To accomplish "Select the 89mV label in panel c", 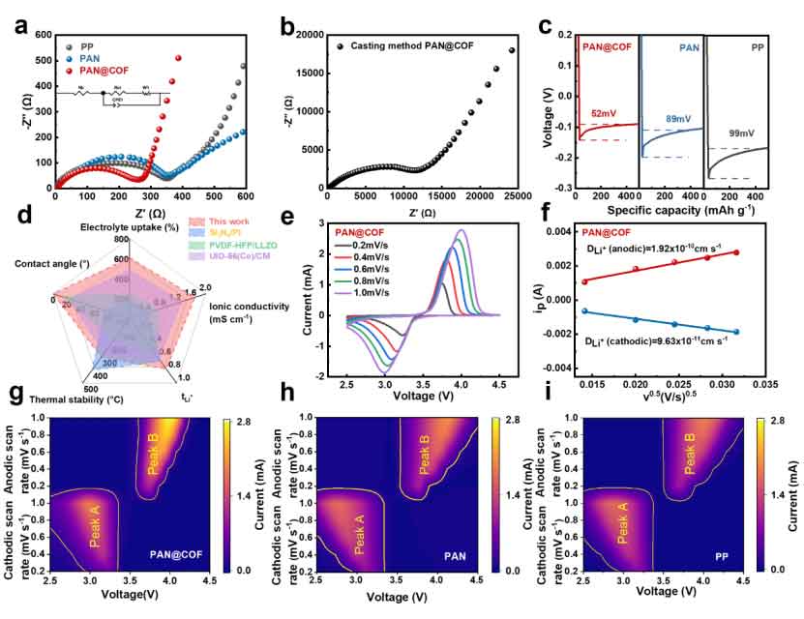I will [x=677, y=118].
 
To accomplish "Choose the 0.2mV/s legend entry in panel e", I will [x=371, y=245].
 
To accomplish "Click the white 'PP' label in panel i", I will [x=722, y=557].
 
